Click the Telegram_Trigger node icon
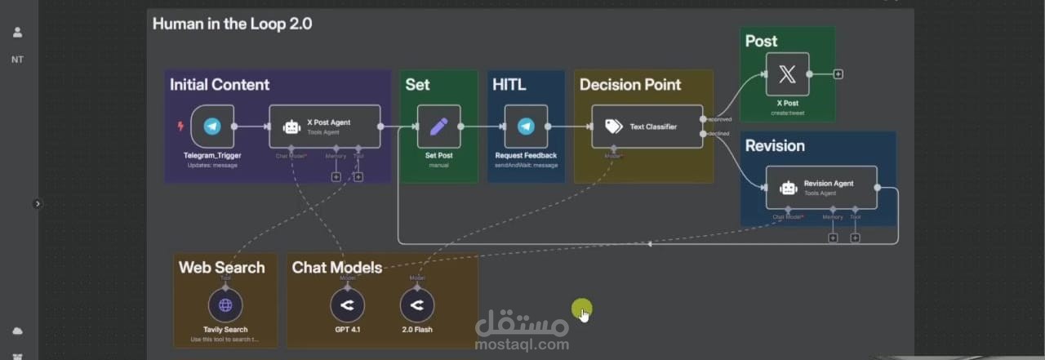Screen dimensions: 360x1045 coord(212,127)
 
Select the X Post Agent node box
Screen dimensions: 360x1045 coord(324,127)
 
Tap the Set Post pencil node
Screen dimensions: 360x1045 coord(438,127)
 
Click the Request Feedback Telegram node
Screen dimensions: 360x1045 coord(526,127)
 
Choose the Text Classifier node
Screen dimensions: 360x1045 coord(647,127)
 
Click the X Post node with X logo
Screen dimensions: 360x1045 coord(787,74)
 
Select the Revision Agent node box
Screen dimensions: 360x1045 coord(820,188)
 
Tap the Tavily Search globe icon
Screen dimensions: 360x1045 coord(225,306)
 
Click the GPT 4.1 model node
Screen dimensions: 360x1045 coord(347,306)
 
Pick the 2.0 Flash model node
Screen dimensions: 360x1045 coord(417,306)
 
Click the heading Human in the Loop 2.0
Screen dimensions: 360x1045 coord(232,24)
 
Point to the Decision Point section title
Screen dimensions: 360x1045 coord(629,84)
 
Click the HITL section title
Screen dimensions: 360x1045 coord(509,84)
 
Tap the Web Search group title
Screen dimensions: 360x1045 coord(221,267)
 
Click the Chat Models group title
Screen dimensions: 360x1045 coord(336,267)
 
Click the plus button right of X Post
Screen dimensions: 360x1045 coord(838,74)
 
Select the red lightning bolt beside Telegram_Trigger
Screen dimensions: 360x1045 coord(181,127)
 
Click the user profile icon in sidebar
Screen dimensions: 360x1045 coord(17,33)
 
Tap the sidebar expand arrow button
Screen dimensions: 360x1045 coord(37,204)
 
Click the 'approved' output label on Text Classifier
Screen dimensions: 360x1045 coord(719,119)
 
